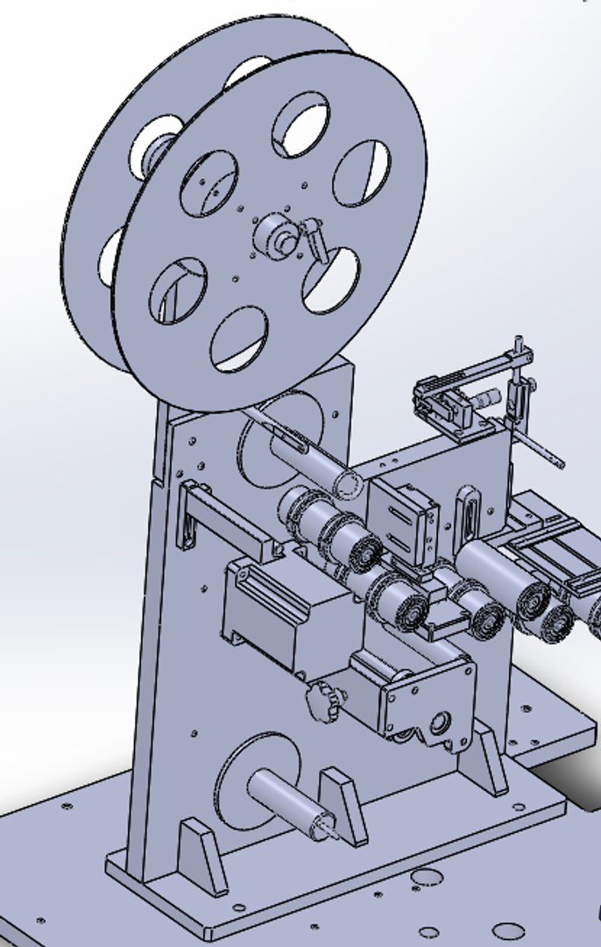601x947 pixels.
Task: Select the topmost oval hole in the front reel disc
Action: [300, 126]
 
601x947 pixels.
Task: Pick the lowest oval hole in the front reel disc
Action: [239, 338]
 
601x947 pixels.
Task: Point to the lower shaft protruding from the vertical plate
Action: [289, 802]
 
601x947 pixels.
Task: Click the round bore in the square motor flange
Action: [438, 723]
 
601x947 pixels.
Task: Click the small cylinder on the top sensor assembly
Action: [487, 398]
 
